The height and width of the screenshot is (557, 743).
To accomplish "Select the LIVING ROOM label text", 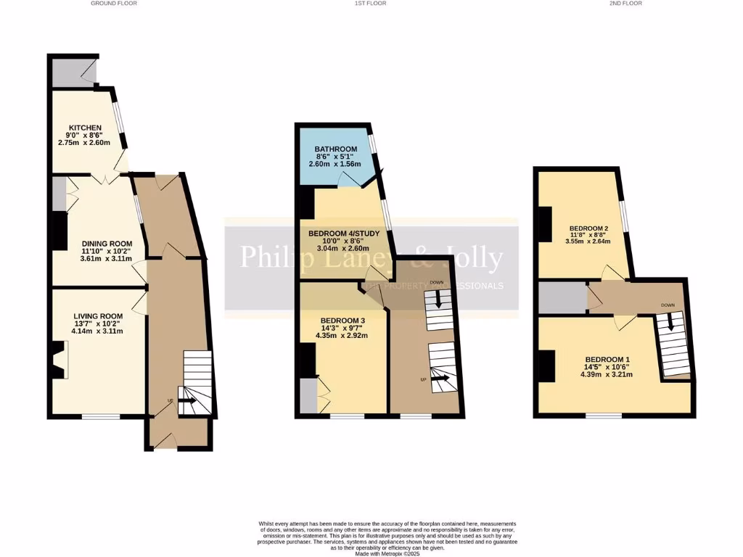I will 97,316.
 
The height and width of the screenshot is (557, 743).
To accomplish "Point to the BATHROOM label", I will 335,149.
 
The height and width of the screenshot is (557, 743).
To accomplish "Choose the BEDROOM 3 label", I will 342,321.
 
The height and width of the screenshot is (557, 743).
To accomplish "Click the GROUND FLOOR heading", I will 114,4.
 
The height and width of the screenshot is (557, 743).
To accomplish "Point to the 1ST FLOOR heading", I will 371,4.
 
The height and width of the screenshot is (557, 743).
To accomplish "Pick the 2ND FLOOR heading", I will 626,4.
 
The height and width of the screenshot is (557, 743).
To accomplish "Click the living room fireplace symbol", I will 59,360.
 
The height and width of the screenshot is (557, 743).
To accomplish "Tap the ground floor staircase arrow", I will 188,400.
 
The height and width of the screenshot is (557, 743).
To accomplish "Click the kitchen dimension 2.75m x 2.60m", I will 84,143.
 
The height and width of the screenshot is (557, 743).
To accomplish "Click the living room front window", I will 100,416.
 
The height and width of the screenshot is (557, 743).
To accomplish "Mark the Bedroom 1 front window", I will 604,416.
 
